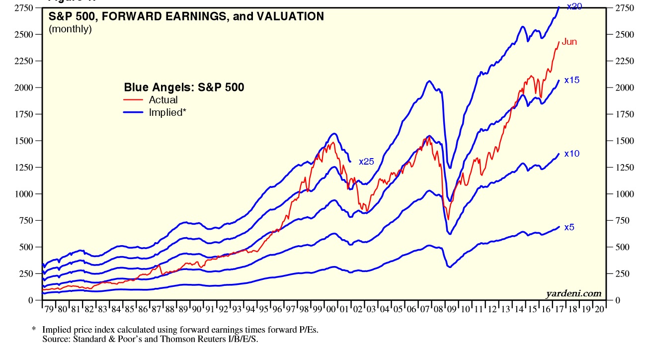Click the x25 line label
tap(366, 161)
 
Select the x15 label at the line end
tap(572, 80)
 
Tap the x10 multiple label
tap(572, 154)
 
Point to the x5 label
tap(569, 227)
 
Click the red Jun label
tap(569, 42)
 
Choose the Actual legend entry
tap(163, 100)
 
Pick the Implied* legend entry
tap(167, 112)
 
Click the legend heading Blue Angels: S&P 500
tap(184, 88)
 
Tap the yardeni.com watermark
tap(573, 293)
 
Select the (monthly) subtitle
tap(70, 29)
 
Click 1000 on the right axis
tap(624, 194)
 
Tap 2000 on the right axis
tap(624, 88)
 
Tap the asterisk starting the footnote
tap(34, 330)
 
